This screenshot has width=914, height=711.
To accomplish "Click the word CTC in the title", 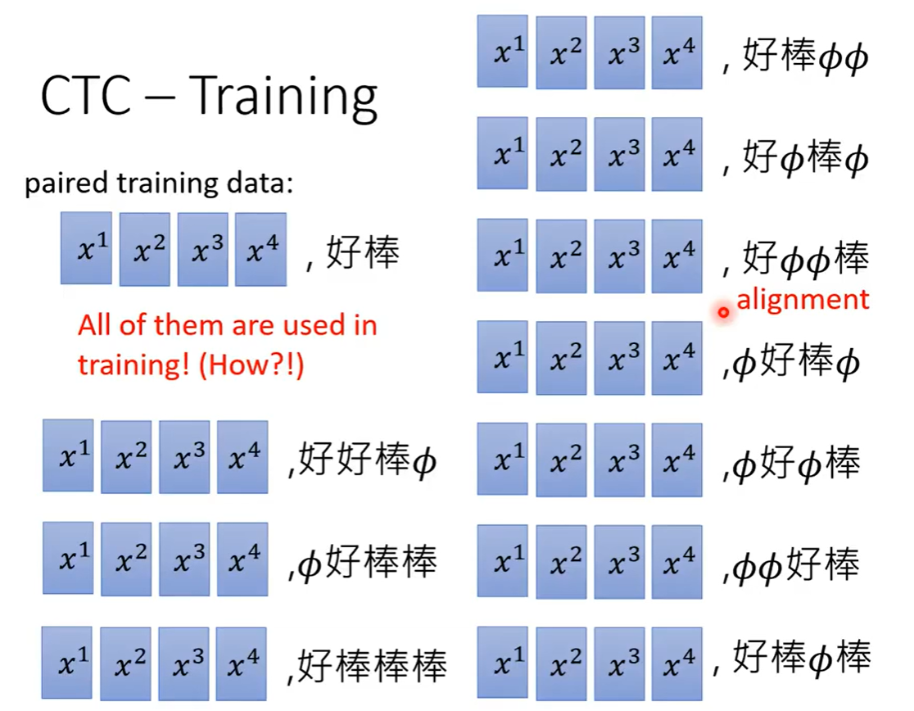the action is click(86, 95).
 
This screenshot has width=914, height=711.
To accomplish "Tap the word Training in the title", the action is click(283, 98).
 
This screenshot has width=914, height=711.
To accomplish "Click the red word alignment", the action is click(803, 300).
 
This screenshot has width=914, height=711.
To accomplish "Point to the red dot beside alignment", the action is click(723, 312).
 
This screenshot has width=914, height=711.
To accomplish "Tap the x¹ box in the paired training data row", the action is click(86, 248).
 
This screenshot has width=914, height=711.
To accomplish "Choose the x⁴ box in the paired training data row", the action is click(260, 249).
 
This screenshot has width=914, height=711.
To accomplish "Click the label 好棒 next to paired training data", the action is click(363, 253).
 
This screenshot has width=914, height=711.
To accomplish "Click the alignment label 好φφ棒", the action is click(805, 259).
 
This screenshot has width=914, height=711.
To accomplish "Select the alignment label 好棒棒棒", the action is click(372, 666).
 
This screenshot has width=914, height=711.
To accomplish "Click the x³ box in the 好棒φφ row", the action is click(619, 52).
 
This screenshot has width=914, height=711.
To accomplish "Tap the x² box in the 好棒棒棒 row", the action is click(125, 663).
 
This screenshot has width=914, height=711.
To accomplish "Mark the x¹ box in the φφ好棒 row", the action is click(503, 561).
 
